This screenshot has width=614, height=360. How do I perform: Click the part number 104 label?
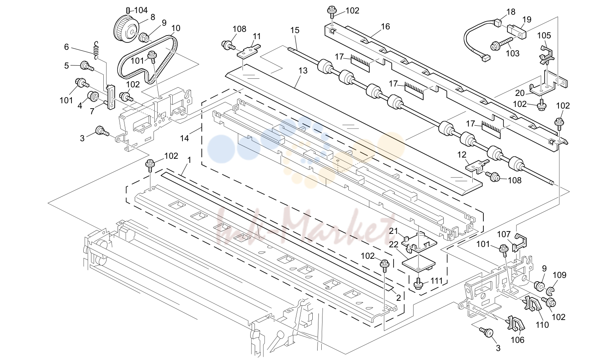click(x=141, y=11)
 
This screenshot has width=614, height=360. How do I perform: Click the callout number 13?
click(x=303, y=71)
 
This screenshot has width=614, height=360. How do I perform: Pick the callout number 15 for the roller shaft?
click(x=295, y=30)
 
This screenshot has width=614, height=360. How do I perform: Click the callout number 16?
click(x=385, y=27)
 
